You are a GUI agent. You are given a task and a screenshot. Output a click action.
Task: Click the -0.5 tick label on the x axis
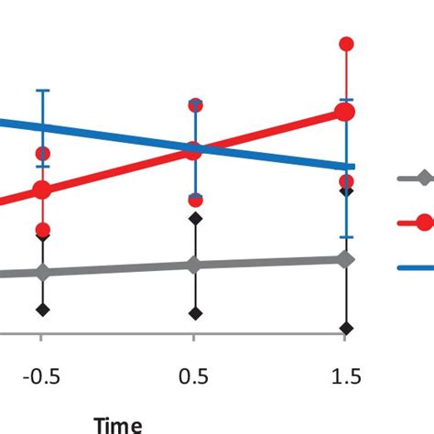pyautogui.click(x=41, y=377)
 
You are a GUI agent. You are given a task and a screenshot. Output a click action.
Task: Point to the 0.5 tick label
pyautogui.click(x=194, y=377)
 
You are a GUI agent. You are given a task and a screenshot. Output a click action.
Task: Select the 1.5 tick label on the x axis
pyautogui.click(x=345, y=377)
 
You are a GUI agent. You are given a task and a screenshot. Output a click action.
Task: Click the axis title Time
pyautogui.click(x=118, y=424)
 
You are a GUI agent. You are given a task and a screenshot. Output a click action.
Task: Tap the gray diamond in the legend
pyautogui.click(x=422, y=179)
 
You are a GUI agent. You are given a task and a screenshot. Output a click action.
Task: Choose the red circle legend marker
pyautogui.click(x=423, y=222)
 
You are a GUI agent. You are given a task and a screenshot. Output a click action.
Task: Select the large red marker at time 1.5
pyautogui.click(x=345, y=112)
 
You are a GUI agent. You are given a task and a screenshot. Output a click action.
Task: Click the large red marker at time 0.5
pyautogui.click(x=193, y=151)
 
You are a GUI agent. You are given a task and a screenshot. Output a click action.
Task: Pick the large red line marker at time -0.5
pyautogui.click(x=42, y=190)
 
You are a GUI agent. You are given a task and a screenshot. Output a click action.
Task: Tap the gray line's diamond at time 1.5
pyautogui.click(x=345, y=260)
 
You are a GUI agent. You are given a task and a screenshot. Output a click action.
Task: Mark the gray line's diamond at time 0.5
pyautogui.click(x=193, y=266)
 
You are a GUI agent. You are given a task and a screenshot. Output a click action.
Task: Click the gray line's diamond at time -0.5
pyautogui.click(x=42, y=272)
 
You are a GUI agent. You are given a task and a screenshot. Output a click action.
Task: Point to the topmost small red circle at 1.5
pyautogui.click(x=346, y=43)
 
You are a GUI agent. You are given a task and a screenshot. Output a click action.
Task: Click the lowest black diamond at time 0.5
pyautogui.click(x=194, y=313)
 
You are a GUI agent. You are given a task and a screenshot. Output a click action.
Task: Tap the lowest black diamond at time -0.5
pyautogui.click(x=42, y=309)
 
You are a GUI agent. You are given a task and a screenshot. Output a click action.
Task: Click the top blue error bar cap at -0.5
pyautogui.click(x=42, y=90)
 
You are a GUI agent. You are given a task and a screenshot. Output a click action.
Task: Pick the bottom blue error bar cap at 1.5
pyautogui.click(x=345, y=238)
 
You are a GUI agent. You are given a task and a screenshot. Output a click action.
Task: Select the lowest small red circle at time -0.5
pyautogui.click(x=42, y=230)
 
